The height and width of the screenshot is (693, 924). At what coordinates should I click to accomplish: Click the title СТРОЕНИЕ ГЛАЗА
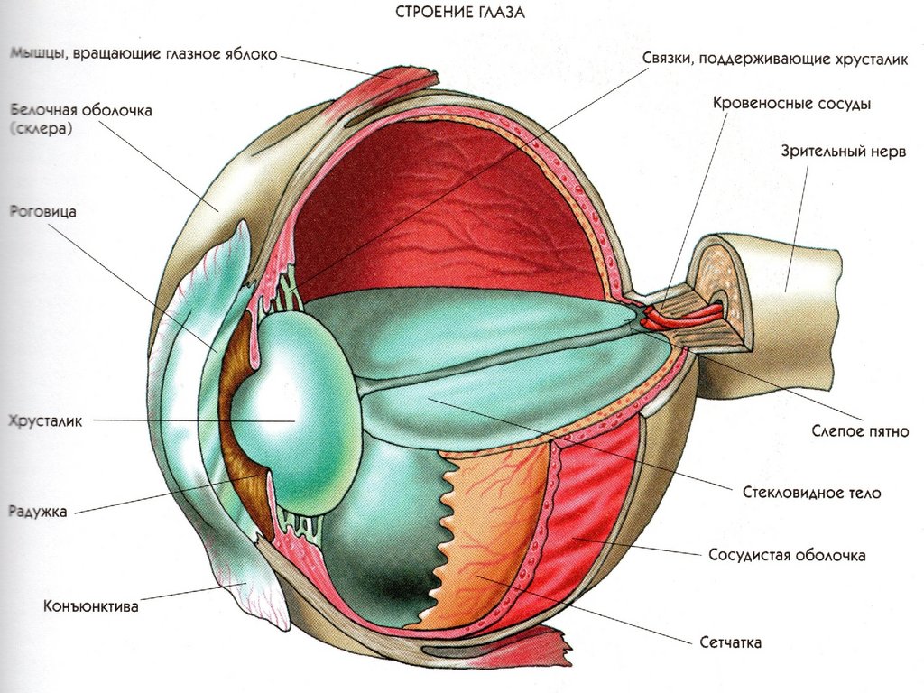click(459, 13)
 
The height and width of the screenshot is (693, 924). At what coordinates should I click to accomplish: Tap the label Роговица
click(43, 211)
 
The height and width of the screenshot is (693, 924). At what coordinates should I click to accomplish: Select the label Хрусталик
click(45, 420)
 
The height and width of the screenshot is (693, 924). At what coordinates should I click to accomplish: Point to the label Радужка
click(38, 511)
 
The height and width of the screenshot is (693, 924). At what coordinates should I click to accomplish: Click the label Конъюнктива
click(91, 605)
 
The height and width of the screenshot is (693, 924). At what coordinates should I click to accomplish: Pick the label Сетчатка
click(730, 642)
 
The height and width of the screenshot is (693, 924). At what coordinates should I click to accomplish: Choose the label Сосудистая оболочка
click(787, 555)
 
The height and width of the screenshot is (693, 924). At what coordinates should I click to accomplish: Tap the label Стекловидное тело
click(811, 492)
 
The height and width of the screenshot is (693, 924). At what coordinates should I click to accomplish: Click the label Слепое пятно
click(860, 430)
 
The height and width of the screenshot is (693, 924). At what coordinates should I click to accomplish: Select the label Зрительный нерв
click(844, 151)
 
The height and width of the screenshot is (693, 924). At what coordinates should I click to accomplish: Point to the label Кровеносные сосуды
click(791, 104)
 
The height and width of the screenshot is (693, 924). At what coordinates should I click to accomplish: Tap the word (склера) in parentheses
click(42, 128)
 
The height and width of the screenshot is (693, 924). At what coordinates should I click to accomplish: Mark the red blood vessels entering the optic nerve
click(684, 316)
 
